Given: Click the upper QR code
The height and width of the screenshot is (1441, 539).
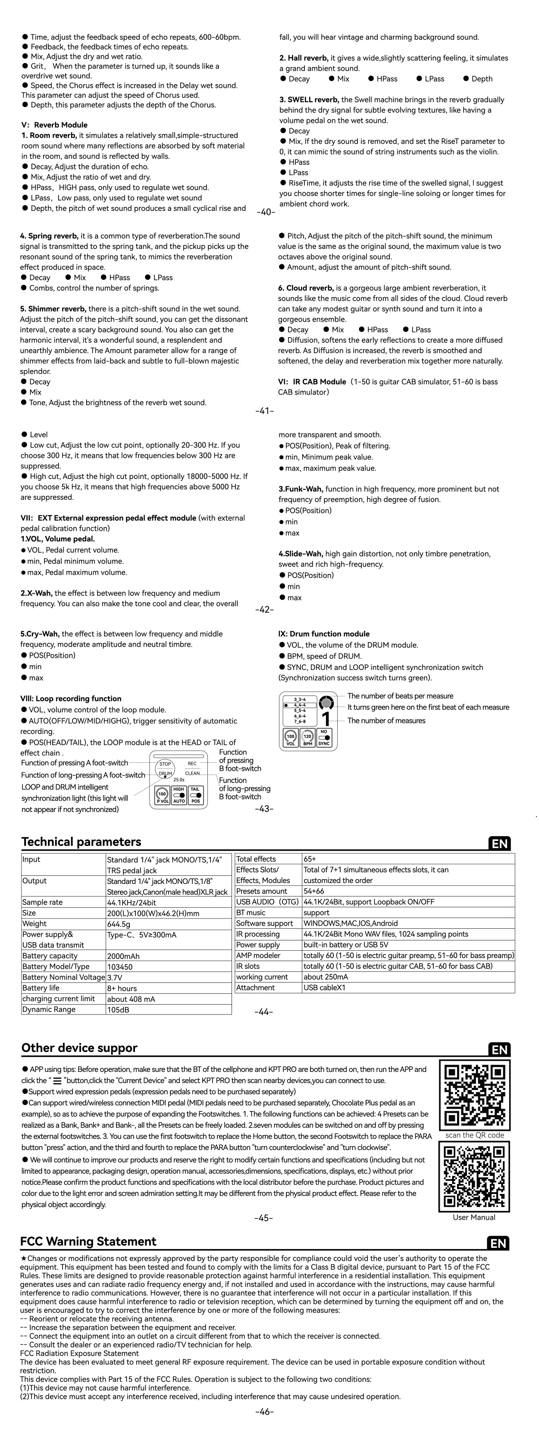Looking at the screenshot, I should tap(473, 1095).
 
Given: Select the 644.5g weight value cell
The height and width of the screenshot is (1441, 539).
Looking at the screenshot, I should tap(169, 924).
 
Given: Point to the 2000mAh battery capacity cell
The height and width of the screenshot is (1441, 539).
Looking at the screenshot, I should tap(169, 956).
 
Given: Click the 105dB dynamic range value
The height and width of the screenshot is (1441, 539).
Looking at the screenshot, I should tap(169, 1010).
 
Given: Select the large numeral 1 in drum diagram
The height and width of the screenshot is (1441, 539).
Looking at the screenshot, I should tap(326, 718).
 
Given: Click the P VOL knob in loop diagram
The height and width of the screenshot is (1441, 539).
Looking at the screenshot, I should tap(162, 796).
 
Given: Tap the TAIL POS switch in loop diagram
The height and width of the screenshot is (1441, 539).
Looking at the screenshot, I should tap(195, 796).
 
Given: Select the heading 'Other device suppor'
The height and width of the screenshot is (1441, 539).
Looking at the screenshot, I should tap(79, 1048).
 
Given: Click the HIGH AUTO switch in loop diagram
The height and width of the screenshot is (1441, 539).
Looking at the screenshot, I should tap(179, 796).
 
